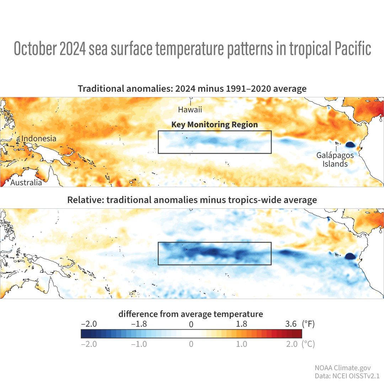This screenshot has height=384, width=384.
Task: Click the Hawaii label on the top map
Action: [190, 110]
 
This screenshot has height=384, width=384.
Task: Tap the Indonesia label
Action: [38, 138]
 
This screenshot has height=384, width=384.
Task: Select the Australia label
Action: [26, 182]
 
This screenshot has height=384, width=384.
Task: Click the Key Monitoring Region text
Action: [214, 125]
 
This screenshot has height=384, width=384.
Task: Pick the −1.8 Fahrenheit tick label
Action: [139, 324]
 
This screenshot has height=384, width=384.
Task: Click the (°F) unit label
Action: [308, 324]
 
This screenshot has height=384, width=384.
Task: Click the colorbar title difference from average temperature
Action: [191, 314]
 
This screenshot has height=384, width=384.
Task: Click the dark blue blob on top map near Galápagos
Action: [350, 144]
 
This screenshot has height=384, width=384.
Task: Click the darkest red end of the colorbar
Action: [299, 334]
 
